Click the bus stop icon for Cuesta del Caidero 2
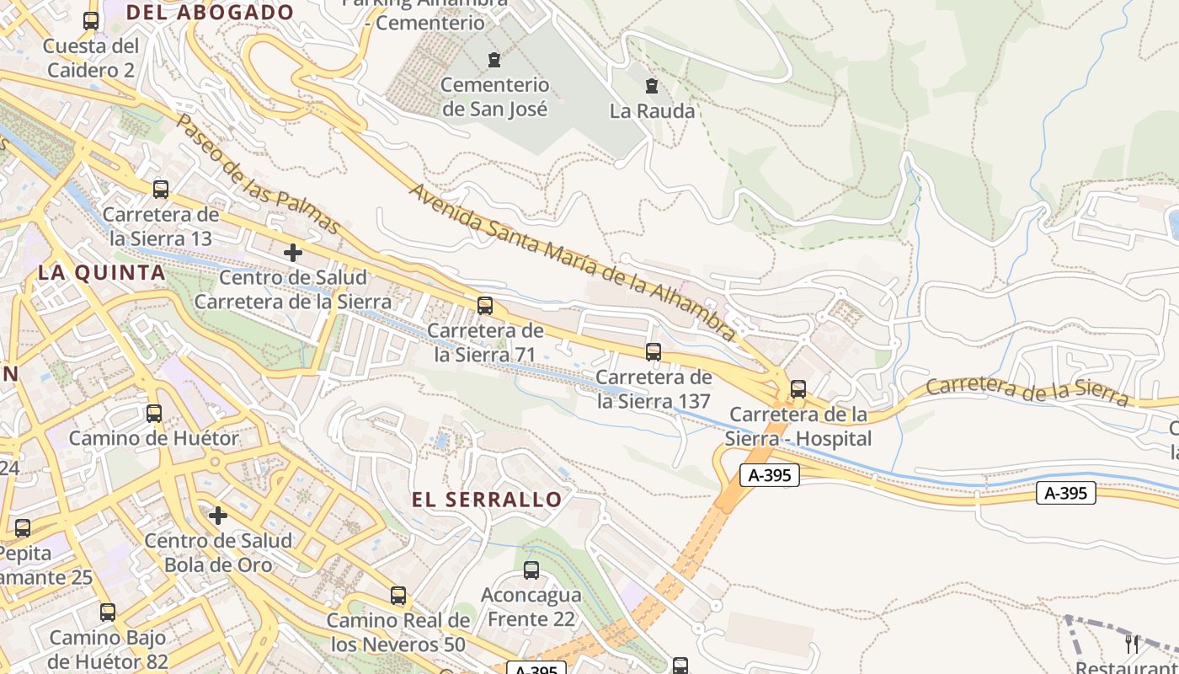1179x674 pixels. (x=91, y=21)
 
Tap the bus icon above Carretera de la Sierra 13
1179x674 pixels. (x=161, y=190)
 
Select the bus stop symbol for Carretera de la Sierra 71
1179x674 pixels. (x=485, y=306)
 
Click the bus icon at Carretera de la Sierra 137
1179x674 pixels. (x=654, y=352)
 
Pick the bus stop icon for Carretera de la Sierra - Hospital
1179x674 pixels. (x=798, y=389)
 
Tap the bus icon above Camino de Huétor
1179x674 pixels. (x=154, y=414)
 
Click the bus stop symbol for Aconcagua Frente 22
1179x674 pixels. (x=531, y=570)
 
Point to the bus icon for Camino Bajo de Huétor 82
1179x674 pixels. (x=108, y=612)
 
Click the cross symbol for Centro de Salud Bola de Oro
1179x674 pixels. (x=218, y=516)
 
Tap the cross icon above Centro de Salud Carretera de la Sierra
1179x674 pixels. (x=293, y=253)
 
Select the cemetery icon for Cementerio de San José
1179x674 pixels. (x=494, y=60)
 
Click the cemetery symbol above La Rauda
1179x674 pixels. (x=651, y=86)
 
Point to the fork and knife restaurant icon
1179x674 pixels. (x=1133, y=645)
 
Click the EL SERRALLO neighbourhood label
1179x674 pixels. (x=487, y=500)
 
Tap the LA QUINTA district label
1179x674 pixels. (x=102, y=273)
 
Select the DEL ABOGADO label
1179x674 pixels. (x=210, y=13)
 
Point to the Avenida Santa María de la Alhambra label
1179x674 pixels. (x=573, y=261)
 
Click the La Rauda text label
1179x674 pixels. (x=653, y=111)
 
